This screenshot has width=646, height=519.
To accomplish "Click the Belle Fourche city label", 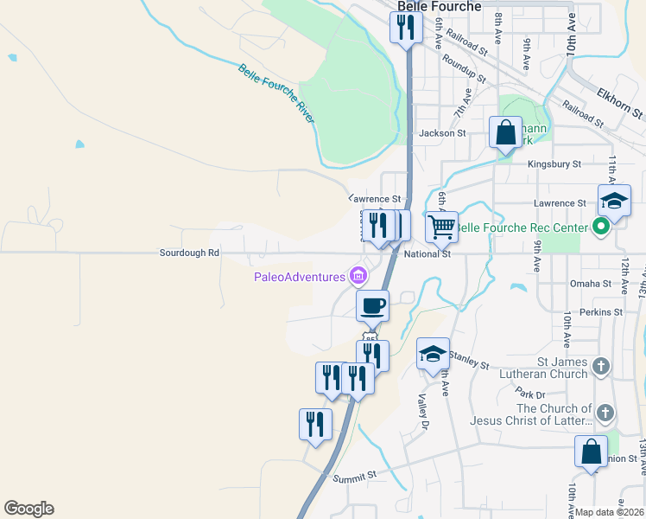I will [x=439, y=7].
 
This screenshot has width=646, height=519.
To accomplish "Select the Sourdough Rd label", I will [x=189, y=253].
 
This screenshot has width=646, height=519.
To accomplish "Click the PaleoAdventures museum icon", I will [x=358, y=277].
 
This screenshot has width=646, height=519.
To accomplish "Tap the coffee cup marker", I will [x=372, y=305].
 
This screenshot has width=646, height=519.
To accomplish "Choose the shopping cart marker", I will [x=441, y=227].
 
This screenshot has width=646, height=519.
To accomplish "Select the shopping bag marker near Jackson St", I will [x=506, y=133].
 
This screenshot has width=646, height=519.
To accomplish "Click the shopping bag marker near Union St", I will [x=591, y=452].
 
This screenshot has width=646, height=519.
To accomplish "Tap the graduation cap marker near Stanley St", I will [x=433, y=353].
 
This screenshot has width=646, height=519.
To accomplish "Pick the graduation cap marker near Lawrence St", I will [x=614, y=201].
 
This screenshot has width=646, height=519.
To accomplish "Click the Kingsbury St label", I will [x=555, y=163].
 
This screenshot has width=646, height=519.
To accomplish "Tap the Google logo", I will [x=28, y=509].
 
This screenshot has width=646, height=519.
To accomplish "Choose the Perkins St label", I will [x=601, y=311].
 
